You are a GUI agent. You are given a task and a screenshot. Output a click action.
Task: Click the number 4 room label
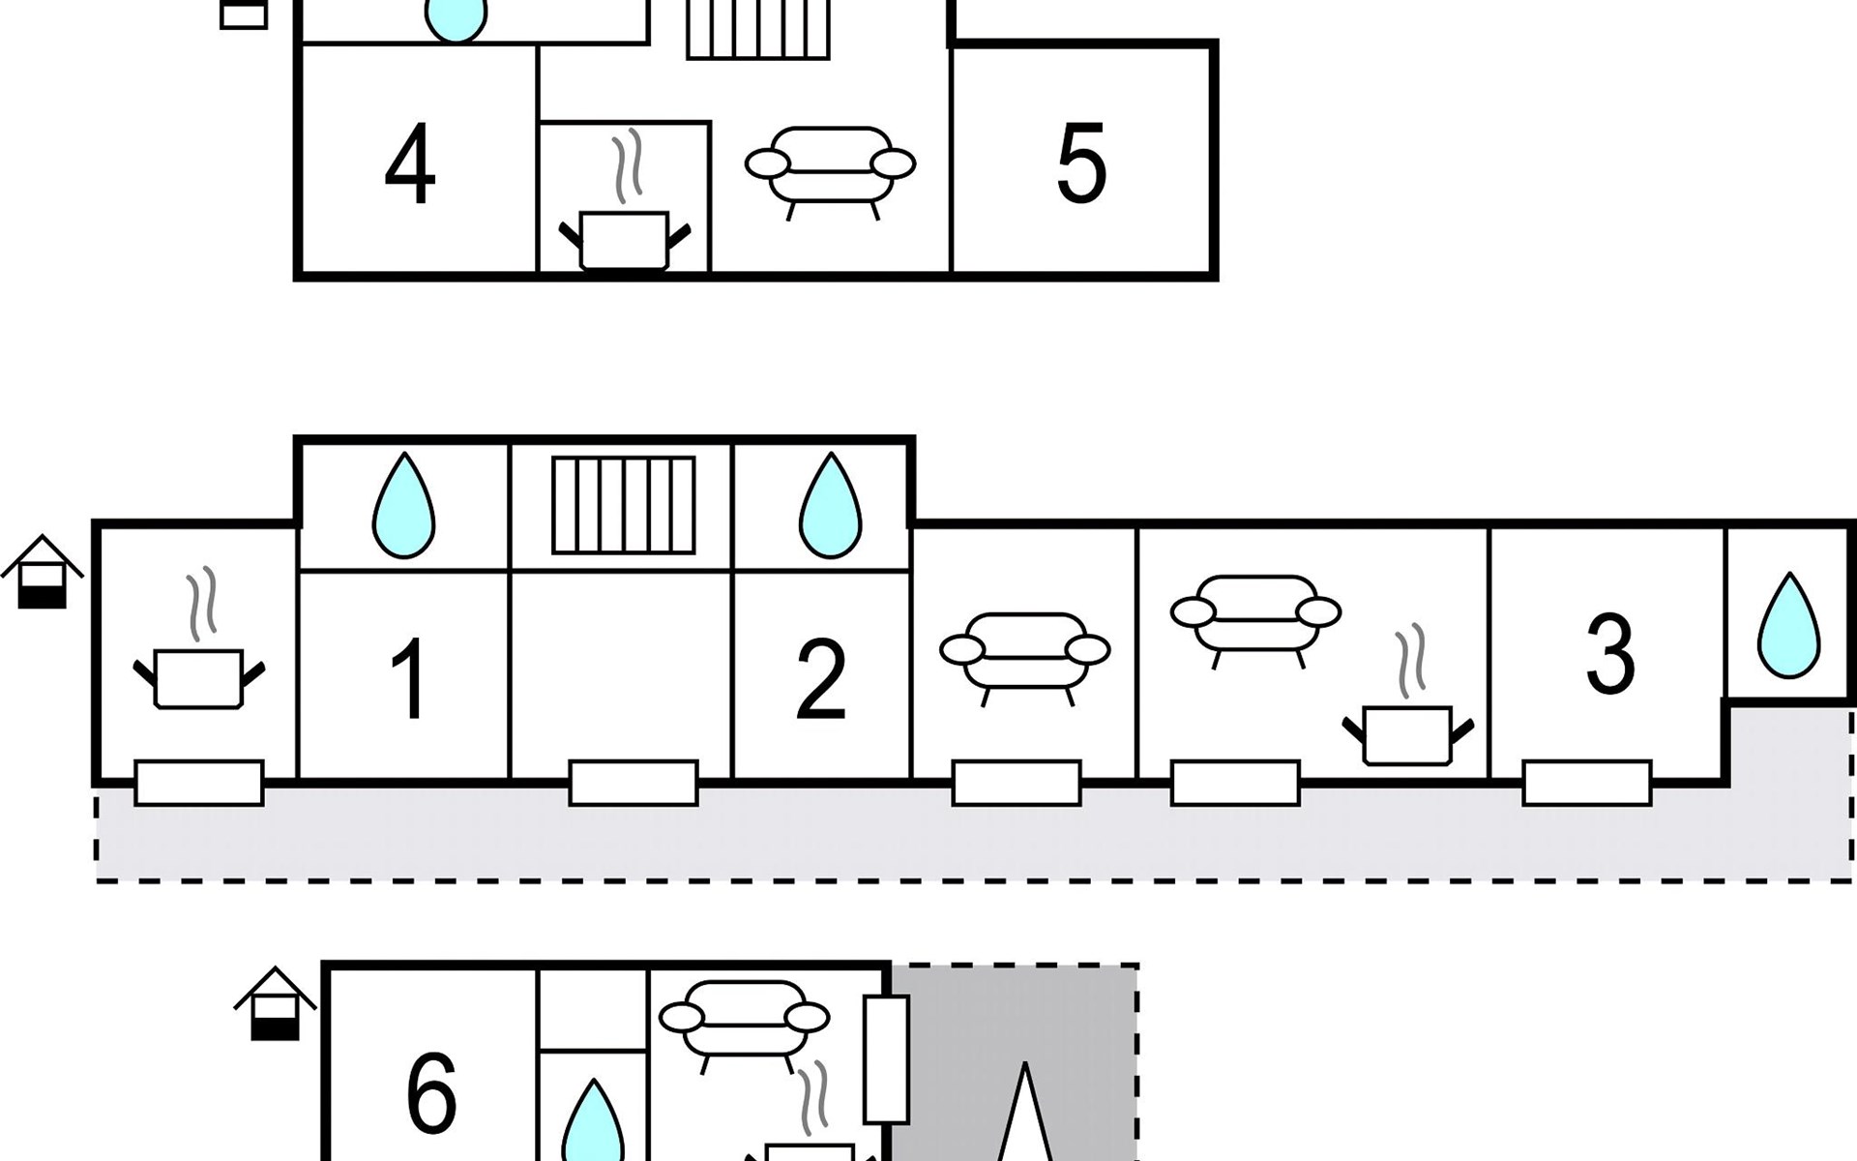pos(410,165)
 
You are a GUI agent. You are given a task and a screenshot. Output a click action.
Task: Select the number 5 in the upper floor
pos(1081,165)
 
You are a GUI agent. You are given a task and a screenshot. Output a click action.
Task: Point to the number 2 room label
pos(820,679)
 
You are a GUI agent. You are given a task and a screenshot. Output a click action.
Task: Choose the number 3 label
pos(1610,655)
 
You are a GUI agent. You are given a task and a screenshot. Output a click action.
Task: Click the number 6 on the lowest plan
pos(431,1094)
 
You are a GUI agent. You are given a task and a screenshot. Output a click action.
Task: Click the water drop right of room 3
pos(1789,626)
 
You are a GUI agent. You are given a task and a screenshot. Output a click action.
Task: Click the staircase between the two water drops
pos(624,505)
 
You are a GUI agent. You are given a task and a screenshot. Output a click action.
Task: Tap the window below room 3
pos(1587,784)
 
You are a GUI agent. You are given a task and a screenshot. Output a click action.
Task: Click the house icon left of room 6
pos(276,1003)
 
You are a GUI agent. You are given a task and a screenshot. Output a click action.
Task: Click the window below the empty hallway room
pos(634,784)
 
